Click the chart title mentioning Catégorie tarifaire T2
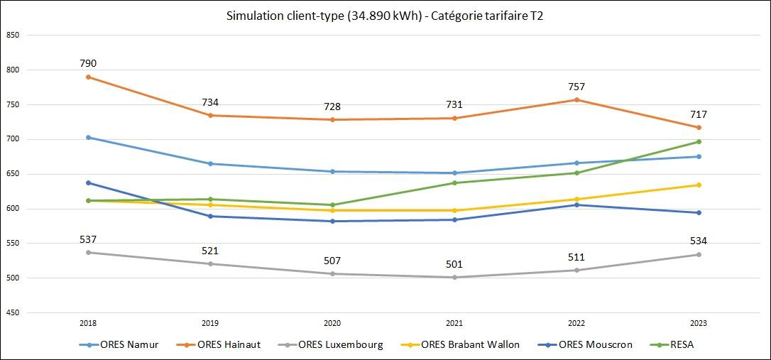(385, 16)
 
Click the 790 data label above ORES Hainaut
(88, 64)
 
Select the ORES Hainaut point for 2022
(576, 100)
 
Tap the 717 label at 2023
(699, 114)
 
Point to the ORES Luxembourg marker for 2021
(454, 277)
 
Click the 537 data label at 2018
(88, 239)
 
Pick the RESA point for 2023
(699, 142)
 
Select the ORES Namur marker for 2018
(88, 137)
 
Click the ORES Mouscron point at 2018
(88, 183)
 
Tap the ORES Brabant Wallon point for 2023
(699, 185)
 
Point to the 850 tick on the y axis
(12, 35)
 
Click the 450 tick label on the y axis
(12, 312)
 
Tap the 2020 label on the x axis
(332, 323)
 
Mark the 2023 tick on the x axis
(699, 323)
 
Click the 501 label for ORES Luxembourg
(454, 264)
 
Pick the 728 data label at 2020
(332, 107)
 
